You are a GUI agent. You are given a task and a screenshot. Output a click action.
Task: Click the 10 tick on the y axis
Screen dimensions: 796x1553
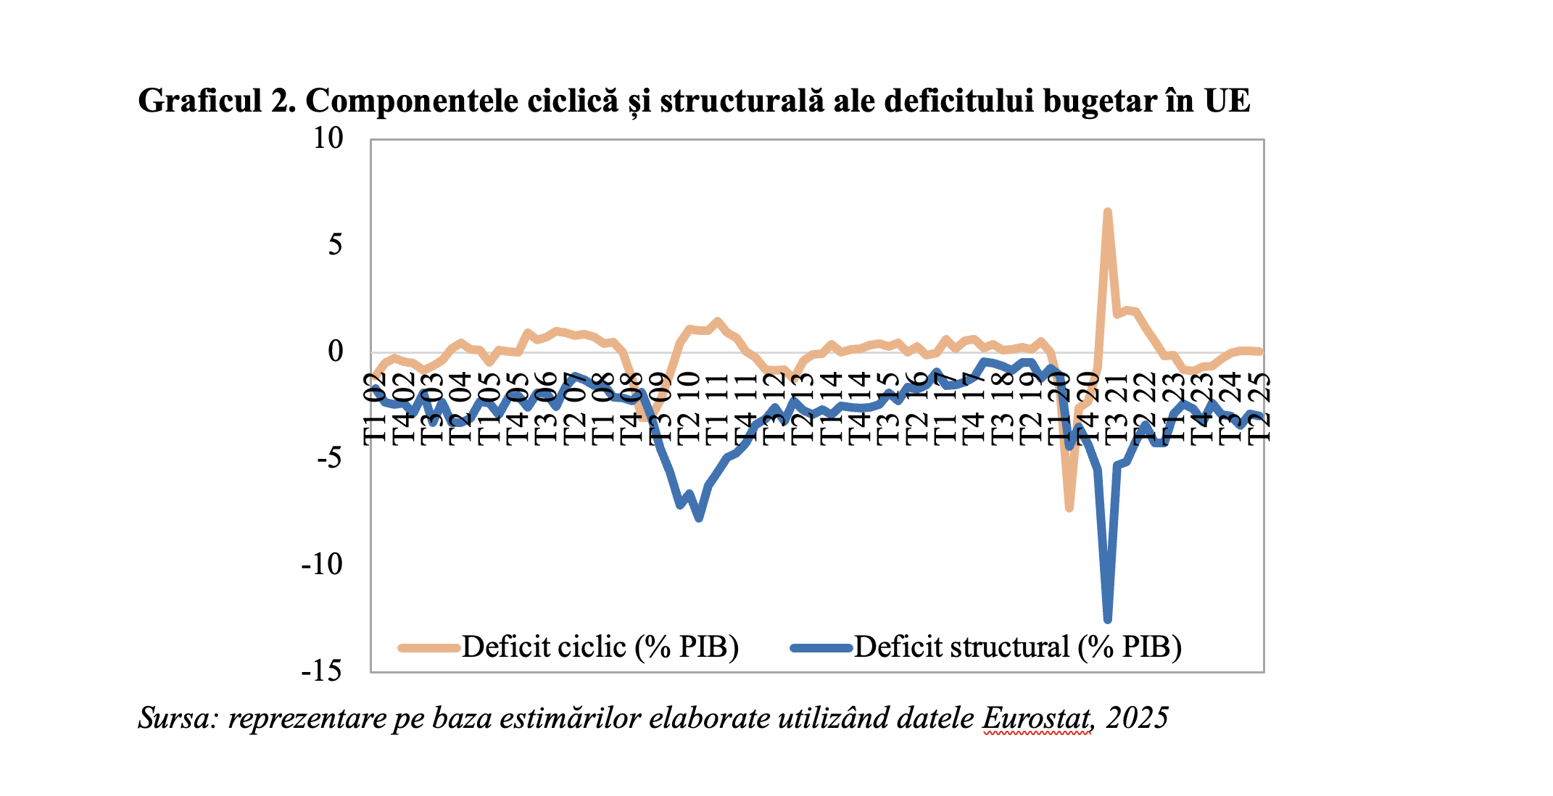(328, 138)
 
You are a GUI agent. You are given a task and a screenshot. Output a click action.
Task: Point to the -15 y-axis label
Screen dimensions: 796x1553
(321, 671)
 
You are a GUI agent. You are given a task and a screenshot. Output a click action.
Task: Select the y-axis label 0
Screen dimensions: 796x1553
(335, 352)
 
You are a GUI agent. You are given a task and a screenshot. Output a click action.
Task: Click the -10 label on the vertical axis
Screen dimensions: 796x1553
(321, 564)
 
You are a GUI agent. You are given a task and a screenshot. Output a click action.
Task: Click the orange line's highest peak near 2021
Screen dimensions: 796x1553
(1107, 212)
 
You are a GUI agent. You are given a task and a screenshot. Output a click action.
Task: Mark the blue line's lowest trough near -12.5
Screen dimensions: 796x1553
(1107, 619)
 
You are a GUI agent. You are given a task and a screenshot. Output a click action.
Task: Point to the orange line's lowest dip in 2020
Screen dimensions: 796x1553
(1069, 508)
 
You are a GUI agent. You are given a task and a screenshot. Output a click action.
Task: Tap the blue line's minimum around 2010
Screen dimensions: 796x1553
(699, 518)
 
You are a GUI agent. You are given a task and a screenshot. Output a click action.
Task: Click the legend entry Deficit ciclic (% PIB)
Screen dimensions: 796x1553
(600, 647)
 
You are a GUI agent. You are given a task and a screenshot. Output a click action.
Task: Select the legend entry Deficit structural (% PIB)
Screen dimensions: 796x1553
(1018, 647)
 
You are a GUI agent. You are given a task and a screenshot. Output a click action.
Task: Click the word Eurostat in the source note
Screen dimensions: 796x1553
(1037, 718)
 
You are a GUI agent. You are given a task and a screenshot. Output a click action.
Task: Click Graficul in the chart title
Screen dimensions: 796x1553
(199, 101)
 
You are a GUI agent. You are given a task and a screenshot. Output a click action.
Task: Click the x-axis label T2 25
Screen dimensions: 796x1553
(1260, 407)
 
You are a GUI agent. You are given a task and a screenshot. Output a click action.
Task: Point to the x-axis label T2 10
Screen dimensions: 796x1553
(689, 407)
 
